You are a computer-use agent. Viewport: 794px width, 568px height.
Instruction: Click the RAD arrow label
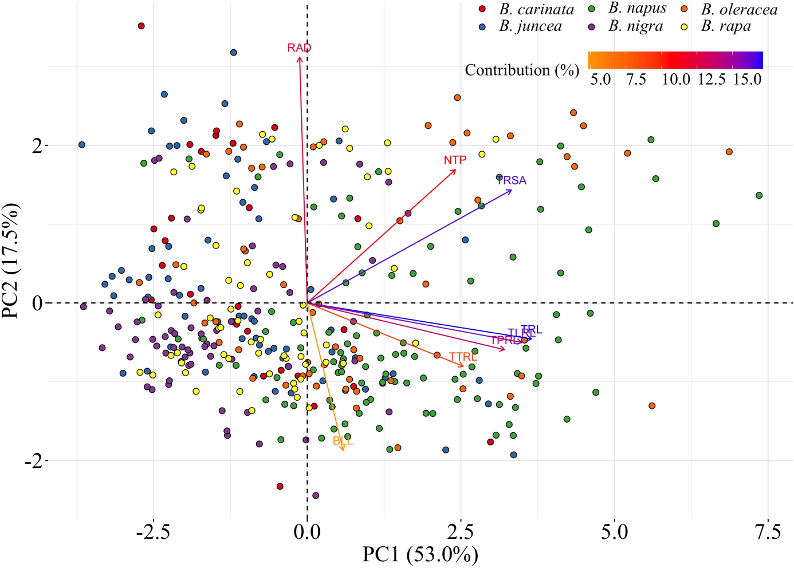click(299, 48)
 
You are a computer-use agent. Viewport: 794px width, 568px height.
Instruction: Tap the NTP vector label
click(455, 160)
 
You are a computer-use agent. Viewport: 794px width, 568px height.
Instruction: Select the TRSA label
click(512, 181)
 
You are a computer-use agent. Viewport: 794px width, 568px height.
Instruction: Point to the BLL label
click(343, 441)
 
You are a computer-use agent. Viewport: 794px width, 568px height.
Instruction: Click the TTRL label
click(463, 357)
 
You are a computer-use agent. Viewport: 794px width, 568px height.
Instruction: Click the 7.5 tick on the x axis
click(768, 532)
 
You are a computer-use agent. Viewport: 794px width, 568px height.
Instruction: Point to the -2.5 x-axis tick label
click(153, 532)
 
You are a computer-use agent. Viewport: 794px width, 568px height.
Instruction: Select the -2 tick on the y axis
click(33, 461)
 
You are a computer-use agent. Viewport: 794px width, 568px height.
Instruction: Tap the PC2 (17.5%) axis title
click(11, 260)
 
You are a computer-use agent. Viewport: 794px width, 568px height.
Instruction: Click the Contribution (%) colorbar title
click(522, 70)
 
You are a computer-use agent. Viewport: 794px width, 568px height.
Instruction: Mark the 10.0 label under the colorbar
click(676, 80)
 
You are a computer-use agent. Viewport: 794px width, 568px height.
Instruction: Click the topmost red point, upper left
click(141, 26)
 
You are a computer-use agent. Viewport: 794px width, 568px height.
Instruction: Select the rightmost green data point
click(759, 195)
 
